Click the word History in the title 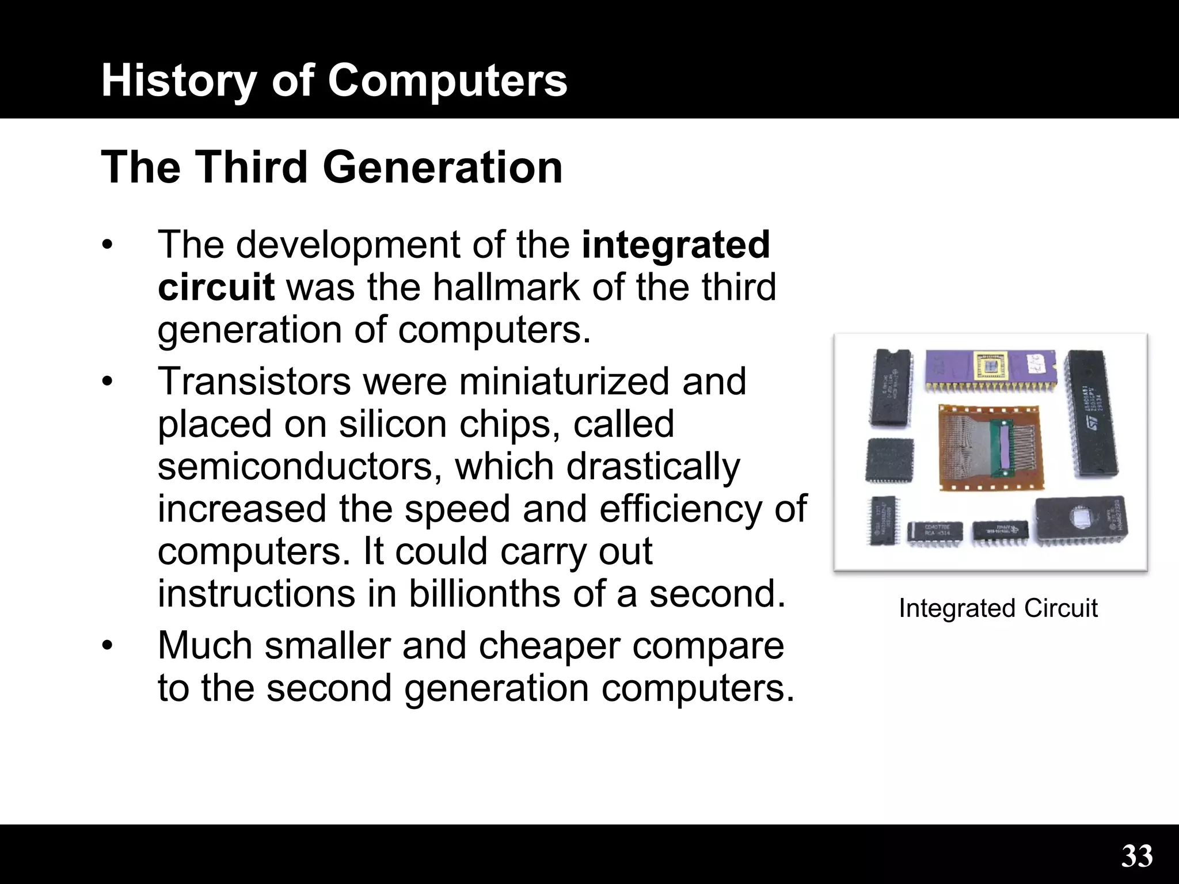(x=178, y=81)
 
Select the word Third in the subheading (x=253, y=167)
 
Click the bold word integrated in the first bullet (x=676, y=245)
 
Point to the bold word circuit (x=216, y=287)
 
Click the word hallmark (x=506, y=287)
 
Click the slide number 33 (x=1137, y=856)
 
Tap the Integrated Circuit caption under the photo (x=998, y=608)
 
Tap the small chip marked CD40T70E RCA (x=935, y=532)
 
